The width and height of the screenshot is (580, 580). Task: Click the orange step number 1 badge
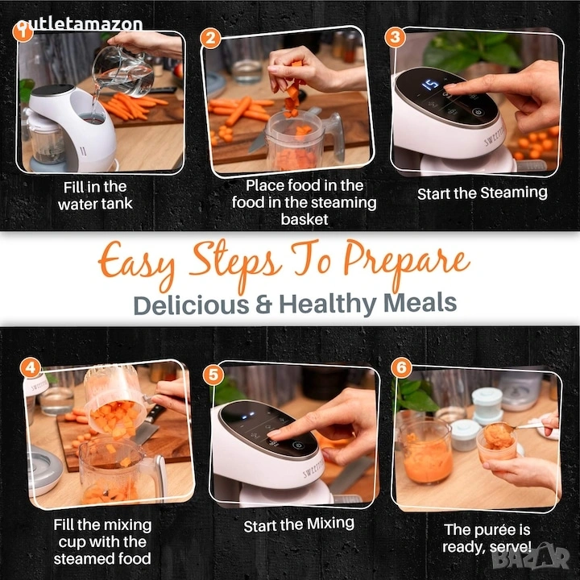pyautogui.click(x=23, y=32)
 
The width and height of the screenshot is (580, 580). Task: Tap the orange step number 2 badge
pyautogui.click(x=210, y=39)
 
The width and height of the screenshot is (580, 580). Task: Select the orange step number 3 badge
pyautogui.click(x=395, y=37)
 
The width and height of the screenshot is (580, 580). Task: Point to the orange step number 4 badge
pyautogui.click(x=31, y=367)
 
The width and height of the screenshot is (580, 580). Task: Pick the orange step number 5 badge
pyautogui.click(x=213, y=375)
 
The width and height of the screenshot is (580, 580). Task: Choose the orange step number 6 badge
pyautogui.click(x=401, y=367)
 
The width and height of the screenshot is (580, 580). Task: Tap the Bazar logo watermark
pyautogui.click(x=531, y=557)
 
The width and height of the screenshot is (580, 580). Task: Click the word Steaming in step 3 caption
pyautogui.click(x=514, y=193)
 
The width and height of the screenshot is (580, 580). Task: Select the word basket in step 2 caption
pyautogui.click(x=304, y=219)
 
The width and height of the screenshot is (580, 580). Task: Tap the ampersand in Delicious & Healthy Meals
pyautogui.click(x=263, y=304)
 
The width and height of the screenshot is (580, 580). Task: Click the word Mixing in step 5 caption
pyautogui.click(x=330, y=524)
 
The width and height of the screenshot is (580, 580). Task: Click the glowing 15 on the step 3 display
pyautogui.click(x=430, y=85)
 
